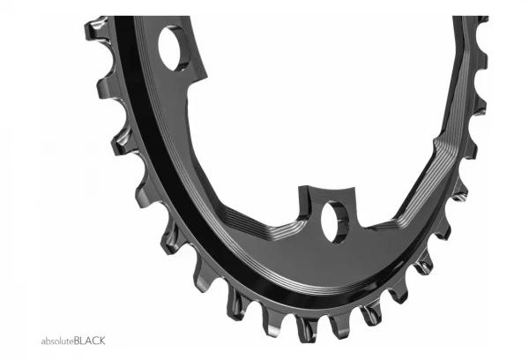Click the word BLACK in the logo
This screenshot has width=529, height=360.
point(89,341)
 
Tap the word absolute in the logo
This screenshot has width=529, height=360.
point(57,341)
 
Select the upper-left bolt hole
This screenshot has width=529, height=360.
point(173,49)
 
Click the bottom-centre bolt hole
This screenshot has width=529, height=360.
point(335,221)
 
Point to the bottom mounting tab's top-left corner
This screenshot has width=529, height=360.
point(299,187)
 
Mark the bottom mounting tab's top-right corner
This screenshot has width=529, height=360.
point(354,187)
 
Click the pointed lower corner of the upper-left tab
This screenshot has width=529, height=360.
point(206,78)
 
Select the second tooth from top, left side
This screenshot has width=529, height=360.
point(108,88)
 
